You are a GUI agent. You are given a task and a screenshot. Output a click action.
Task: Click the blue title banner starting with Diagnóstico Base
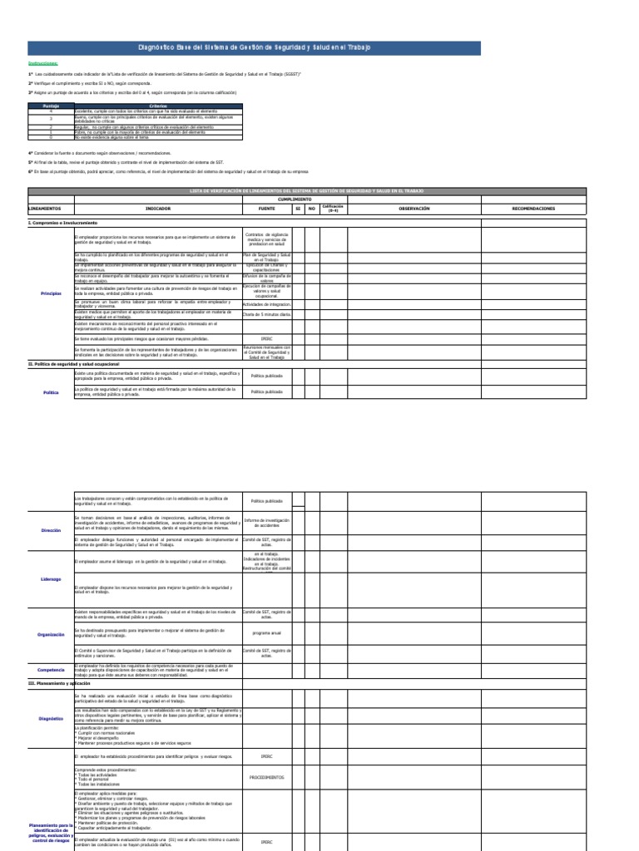(254, 48)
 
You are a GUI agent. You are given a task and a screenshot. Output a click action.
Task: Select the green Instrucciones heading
(42, 63)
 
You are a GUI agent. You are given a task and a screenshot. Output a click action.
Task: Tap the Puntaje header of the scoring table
(51, 106)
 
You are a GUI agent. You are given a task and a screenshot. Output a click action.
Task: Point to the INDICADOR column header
(158, 209)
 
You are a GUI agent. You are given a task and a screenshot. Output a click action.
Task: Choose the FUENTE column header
(266, 209)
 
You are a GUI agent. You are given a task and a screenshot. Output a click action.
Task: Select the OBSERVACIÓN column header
(414, 209)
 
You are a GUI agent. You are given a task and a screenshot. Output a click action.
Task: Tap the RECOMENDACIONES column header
(533, 209)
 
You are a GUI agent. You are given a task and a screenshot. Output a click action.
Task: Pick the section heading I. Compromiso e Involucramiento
(63, 223)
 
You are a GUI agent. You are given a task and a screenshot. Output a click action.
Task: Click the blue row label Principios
(51, 293)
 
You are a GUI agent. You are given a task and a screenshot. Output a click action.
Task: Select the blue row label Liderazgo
(51, 579)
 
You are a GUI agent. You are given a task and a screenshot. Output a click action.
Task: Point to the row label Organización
(51, 635)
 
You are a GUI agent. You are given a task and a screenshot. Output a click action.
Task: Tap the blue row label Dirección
(51, 529)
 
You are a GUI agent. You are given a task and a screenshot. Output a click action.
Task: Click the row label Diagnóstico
(51, 718)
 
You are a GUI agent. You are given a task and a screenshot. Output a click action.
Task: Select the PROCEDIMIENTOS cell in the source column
(266, 778)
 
